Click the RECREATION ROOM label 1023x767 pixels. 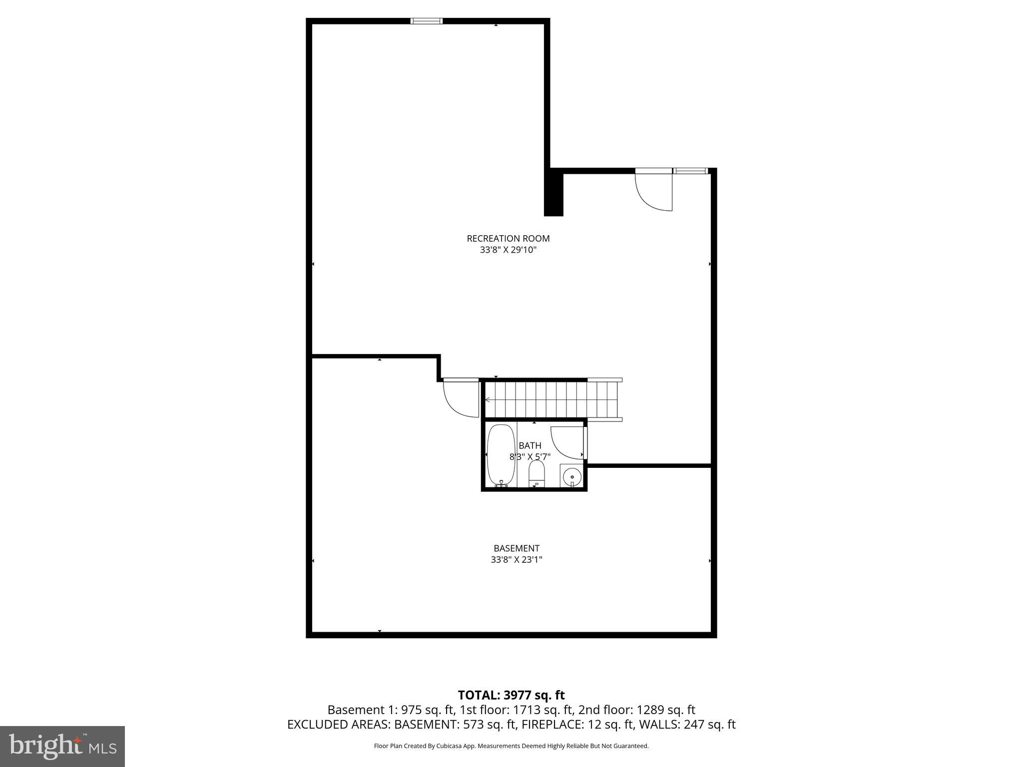pyautogui.click(x=508, y=239)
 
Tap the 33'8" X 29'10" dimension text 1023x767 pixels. pyautogui.click(x=508, y=250)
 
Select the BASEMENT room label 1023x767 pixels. pyautogui.click(x=516, y=548)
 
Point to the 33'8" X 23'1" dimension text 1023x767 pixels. pyautogui.click(x=516, y=560)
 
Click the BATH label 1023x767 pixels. pyautogui.click(x=529, y=445)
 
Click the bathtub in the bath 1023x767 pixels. pyautogui.click(x=501, y=455)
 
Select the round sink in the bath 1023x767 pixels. pyautogui.click(x=572, y=476)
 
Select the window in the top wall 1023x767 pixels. pyautogui.click(x=426, y=21)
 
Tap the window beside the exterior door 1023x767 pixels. pyautogui.click(x=690, y=171)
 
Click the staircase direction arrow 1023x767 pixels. pyautogui.click(x=488, y=399)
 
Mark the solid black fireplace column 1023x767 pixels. pyautogui.click(x=553, y=193)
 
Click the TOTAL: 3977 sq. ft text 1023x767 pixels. pyautogui.click(x=511, y=695)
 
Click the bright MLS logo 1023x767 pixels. pyautogui.click(x=62, y=746)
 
